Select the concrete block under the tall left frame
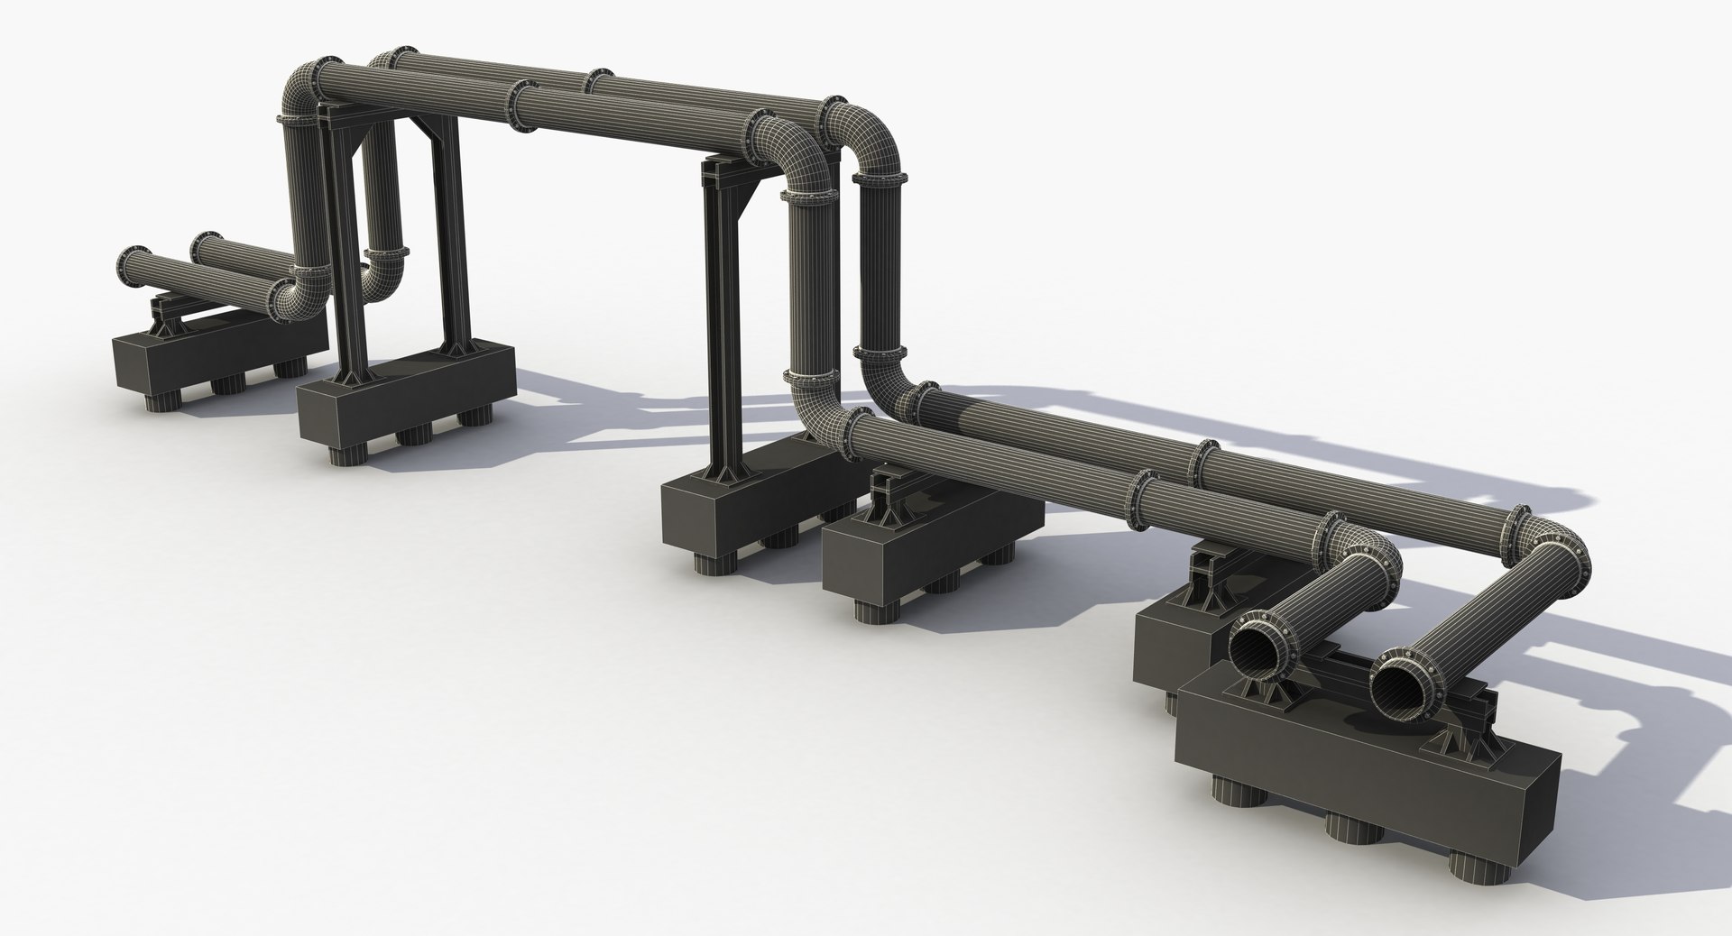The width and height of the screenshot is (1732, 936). tap(406, 397)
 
